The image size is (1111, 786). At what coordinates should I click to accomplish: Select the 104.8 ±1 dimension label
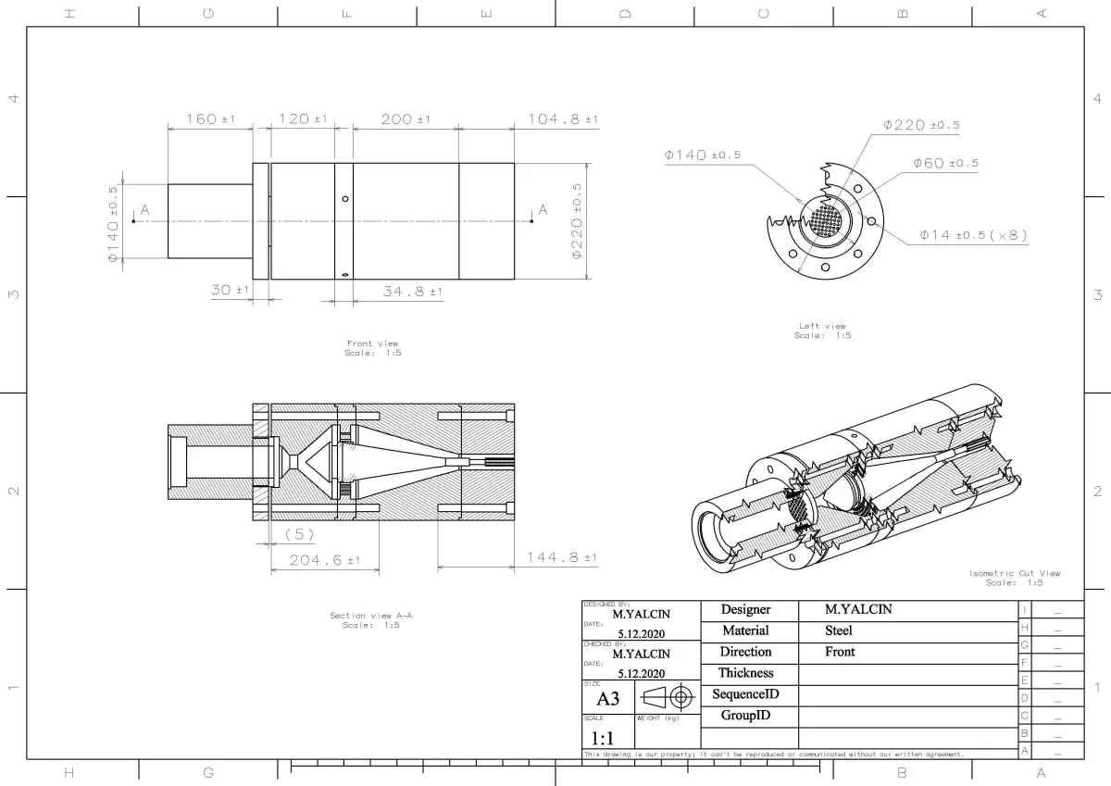pos(563,119)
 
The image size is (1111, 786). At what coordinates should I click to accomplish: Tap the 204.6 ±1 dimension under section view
pos(324,560)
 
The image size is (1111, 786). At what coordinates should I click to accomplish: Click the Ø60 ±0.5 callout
pos(945,163)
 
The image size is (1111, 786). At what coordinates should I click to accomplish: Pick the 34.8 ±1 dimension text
pos(412,292)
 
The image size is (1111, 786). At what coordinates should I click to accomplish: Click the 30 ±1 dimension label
pos(231,290)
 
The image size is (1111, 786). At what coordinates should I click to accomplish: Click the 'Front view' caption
pos(372,343)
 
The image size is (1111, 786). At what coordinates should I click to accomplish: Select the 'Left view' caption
pos(822,326)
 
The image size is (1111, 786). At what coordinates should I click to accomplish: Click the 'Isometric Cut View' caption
pos(1015,573)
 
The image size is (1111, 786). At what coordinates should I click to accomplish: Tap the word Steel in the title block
pos(839,630)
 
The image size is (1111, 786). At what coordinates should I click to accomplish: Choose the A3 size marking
pos(607,699)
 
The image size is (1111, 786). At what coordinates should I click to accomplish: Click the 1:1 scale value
pos(602,738)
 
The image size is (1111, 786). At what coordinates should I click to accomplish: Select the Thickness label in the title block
pos(745,673)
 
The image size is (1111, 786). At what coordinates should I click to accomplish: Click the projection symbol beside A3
pos(668,697)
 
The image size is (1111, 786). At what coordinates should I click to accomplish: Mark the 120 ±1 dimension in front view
pos(302,119)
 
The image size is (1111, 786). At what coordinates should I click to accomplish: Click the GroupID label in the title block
pos(745,716)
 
